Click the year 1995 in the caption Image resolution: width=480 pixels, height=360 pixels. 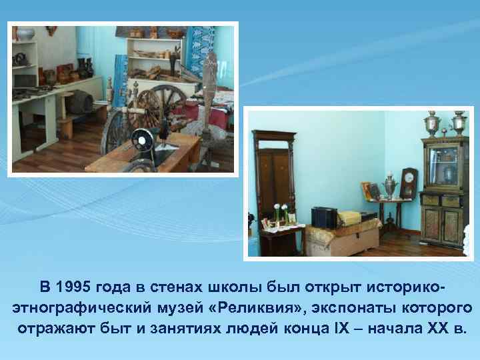pos(74,287)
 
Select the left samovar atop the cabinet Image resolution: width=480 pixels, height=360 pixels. pos(432,123)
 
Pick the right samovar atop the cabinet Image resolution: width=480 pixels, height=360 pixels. pos(459,123)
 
